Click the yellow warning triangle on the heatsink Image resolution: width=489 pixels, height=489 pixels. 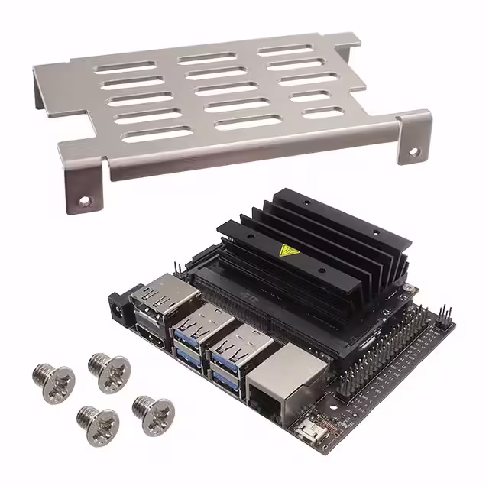point(290,251)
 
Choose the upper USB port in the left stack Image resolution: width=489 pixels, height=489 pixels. point(192,326)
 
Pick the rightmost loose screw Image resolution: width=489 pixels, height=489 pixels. point(153,412)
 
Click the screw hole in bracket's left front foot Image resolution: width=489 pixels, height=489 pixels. point(86,201)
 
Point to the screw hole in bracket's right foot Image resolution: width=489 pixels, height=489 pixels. point(413,152)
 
